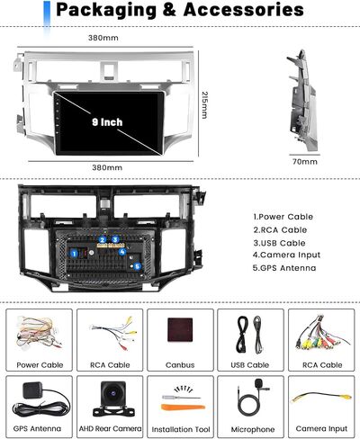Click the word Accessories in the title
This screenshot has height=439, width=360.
coord(243,10)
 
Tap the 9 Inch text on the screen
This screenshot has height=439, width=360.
coord(107,122)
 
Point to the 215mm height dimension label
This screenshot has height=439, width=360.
coord(205,105)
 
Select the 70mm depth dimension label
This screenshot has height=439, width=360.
coord(305,162)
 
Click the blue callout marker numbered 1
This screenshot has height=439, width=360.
coord(74,254)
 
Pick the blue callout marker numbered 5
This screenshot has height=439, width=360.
coord(138,266)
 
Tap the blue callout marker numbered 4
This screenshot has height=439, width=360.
coord(121,252)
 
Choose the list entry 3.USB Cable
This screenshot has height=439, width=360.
coord(279,243)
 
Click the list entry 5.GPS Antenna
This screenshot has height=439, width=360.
coord(284,268)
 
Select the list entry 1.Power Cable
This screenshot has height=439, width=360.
coord(283,217)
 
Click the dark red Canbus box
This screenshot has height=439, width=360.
coord(180,330)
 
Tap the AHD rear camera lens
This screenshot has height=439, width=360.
coord(112,393)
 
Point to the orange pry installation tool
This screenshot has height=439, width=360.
coord(183,407)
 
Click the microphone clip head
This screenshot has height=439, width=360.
coord(258,383)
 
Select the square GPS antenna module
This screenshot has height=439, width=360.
coord(32,390)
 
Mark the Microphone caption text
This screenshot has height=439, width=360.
coord(253,429)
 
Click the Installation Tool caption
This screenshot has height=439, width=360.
coord(181,429)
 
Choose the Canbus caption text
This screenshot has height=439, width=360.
coord(180,365)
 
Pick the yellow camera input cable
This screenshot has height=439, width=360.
coord(321,398)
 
